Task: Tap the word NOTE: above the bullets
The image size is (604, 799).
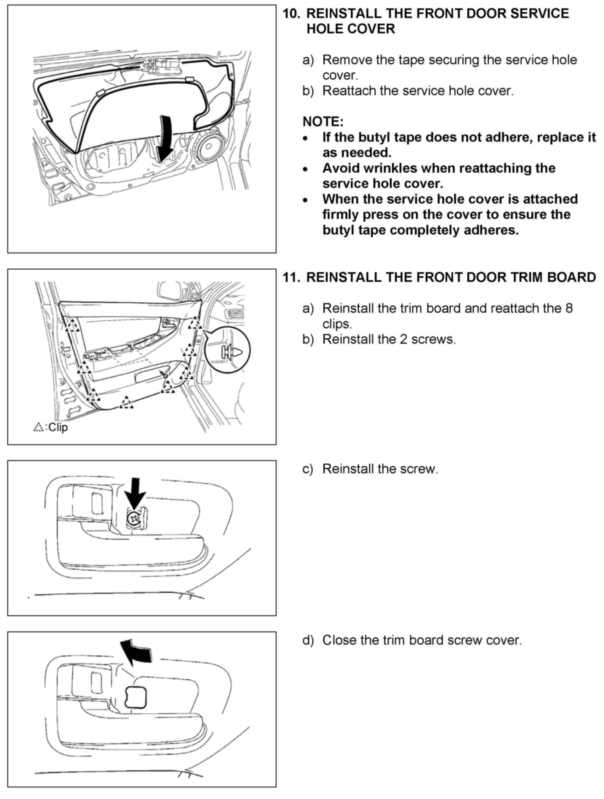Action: [323, 122]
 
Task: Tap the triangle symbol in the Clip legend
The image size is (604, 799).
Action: [38, 427]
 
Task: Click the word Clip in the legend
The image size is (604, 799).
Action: [58, 427]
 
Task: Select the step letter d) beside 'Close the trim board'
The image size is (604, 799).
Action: [308, 640]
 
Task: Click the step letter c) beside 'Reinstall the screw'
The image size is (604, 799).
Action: [308, 469]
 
